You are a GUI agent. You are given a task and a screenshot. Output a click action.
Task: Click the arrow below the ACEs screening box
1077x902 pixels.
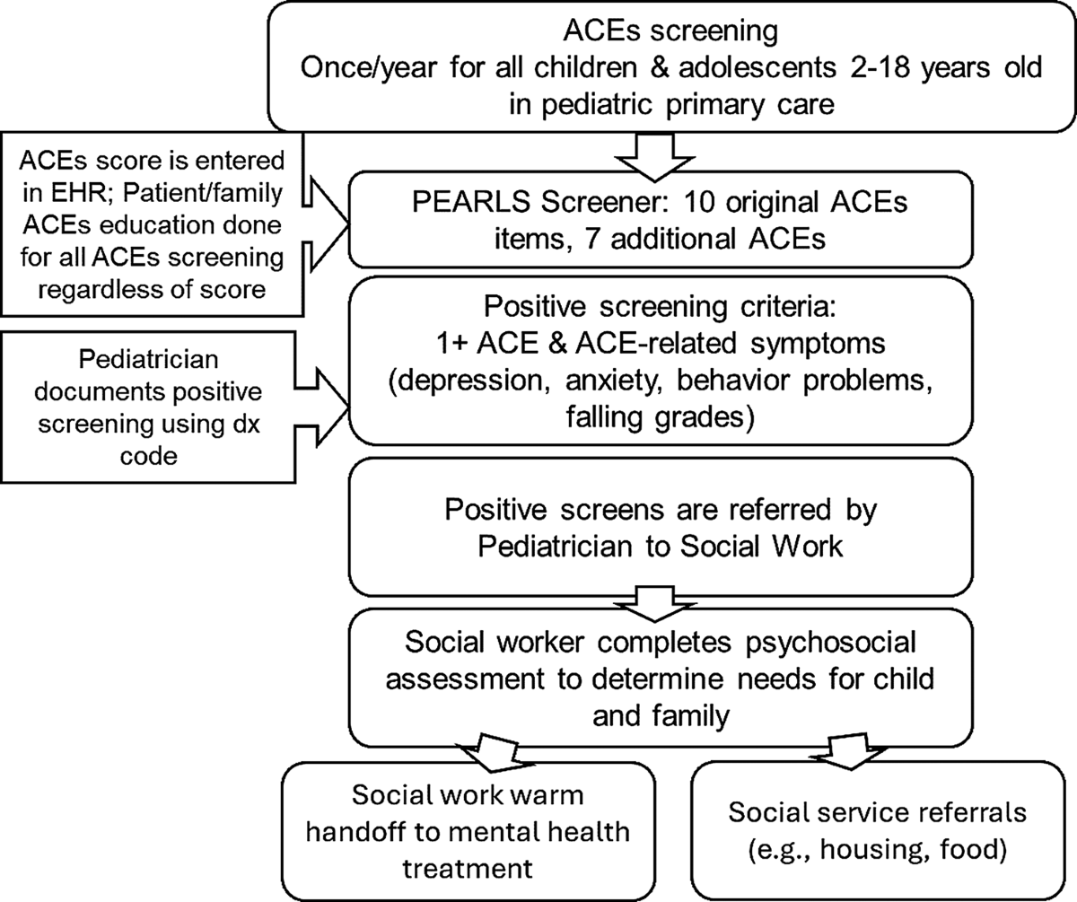[x=655, y=157]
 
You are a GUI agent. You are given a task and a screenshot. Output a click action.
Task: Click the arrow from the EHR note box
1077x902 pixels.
[x=326, y=224]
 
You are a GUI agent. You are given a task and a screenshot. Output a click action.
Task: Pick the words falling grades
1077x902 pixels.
[x=661, y=417]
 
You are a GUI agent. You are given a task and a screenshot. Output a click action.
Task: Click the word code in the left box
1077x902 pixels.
[x=149, y=456]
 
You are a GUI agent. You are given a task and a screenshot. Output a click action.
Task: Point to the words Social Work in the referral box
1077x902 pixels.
[x=761, y=547]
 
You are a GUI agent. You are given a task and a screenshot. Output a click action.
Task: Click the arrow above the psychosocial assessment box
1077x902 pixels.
[x=655, y=603]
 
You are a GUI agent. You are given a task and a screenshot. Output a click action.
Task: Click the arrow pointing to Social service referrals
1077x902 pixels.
[x=848, y=752]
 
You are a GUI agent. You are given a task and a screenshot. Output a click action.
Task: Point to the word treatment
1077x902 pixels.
[x=468, y=869]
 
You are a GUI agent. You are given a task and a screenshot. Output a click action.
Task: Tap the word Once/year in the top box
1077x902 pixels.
[x=369, y=67]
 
